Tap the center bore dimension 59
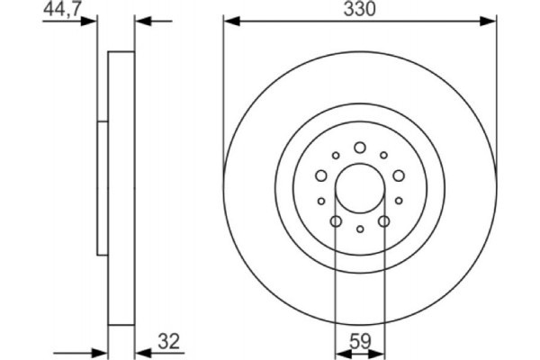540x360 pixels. [x=359, y=342]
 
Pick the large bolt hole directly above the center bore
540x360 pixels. [x=359, y=148]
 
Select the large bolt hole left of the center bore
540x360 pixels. [x=320, y=176]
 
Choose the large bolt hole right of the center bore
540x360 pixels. [x=399, y=176]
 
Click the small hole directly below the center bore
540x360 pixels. [x=359, y=229]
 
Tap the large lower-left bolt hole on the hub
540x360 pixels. [x=336, y=221]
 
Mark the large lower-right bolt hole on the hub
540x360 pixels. [x=383, y=221]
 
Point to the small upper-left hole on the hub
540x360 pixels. [x=336, y=155]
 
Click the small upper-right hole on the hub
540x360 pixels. [x=383, y=155]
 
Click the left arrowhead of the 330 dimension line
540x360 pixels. [x=230, y=20]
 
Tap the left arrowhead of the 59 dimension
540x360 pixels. [x=340, y=353]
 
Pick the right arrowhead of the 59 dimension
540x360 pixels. [x=379, y=353]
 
